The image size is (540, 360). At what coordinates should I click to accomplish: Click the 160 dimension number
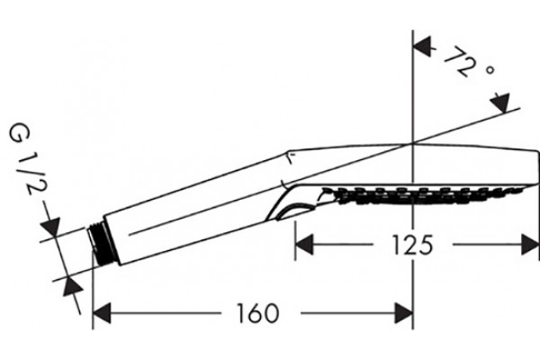tap(258, 313)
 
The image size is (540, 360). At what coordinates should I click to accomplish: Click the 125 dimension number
tap(412, 245)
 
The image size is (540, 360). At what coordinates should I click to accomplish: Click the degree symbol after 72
tap(490, 69)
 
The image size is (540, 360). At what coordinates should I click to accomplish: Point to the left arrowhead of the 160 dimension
tap(102, 313)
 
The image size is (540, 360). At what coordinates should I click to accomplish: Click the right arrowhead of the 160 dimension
tap(404, 313)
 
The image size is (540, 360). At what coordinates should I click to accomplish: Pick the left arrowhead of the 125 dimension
tap(304, 245)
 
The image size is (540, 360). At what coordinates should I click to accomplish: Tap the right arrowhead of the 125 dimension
tap(530, 245)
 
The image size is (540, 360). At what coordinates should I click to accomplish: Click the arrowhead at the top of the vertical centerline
tap(422, 47)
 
